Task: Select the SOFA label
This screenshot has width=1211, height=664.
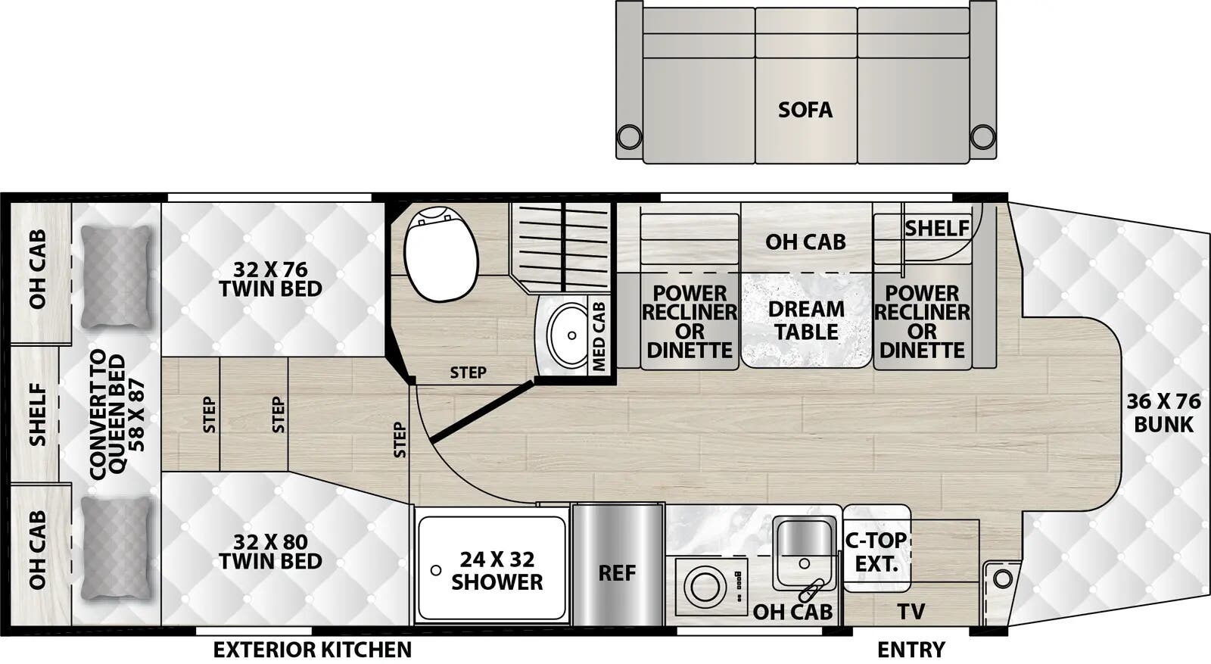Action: [x=805, y=110]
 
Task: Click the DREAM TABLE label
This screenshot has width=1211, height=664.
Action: [x=806, y=320]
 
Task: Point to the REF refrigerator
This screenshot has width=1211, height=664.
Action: [x=617, y=573]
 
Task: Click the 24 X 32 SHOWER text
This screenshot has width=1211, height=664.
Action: [x=497, y=570]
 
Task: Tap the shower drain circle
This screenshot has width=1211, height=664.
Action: [x=436, y=570]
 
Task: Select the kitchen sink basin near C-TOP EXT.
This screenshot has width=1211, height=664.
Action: [x=805, y=539]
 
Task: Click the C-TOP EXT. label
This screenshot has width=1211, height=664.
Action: [x=876, y=551]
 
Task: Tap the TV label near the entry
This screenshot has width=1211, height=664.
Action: [x=911, y=611]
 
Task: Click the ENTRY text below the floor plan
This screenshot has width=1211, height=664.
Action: [x=911, y=650]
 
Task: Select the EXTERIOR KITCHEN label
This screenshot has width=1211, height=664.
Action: [x=312, y=650]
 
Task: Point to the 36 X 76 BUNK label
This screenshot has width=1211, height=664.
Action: [x=1163, y=413]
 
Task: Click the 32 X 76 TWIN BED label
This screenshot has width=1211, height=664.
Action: [x=270, y=279]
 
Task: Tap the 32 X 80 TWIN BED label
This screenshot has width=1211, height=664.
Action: [x=270, y=551]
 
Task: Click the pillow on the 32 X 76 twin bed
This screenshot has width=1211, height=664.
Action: [x=115, y=276]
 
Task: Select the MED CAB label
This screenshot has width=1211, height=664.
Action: [x=599, y=336]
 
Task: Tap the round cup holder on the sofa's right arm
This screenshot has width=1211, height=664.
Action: [x=982, y=137]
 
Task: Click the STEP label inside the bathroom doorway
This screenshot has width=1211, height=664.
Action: [x=468, y=373]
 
